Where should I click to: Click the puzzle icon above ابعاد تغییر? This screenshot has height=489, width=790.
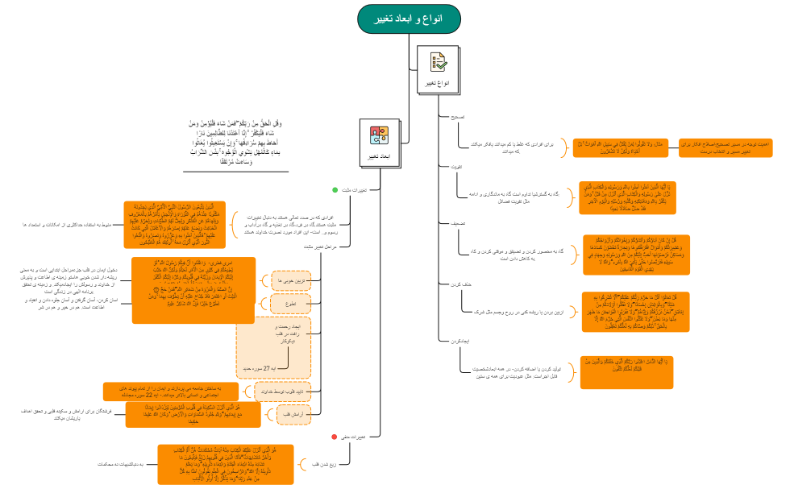coord(378,135)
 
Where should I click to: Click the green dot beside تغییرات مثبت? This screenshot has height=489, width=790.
coord(335,190)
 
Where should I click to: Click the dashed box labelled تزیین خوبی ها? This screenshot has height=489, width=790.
coord(291,280)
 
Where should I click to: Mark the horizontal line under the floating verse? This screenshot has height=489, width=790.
coord(235,172)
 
